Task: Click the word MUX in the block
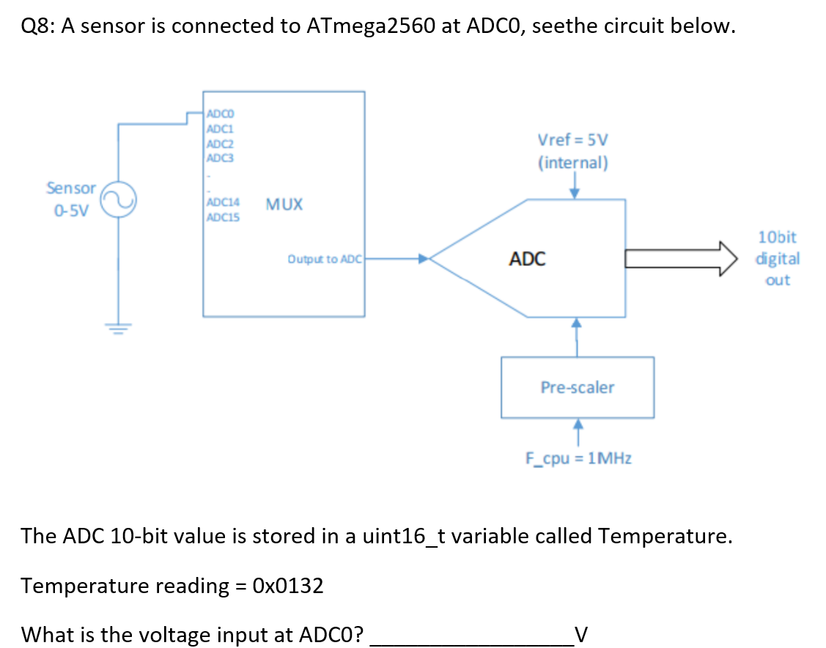(284, 204)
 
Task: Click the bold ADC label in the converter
(527, 258)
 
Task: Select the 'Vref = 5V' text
(572, 140)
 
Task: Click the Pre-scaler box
(577, 387)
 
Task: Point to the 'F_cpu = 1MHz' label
(578, 458)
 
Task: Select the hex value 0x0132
(287, 586)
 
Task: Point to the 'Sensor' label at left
(71, 188)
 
